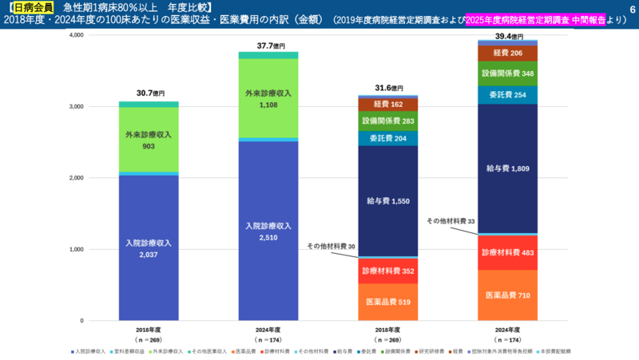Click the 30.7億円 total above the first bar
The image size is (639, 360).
pos(149,93)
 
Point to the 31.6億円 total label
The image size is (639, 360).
pos(389,88)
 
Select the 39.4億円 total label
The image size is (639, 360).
pos(509,36)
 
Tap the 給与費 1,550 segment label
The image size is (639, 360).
pos(388,201)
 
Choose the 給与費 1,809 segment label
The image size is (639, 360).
pos(507,168)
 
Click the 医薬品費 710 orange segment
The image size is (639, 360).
pos(507,295)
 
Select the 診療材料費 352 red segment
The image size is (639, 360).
pos(388,271)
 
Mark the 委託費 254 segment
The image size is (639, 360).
pos(507,95)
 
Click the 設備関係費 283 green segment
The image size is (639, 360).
pos(388,121)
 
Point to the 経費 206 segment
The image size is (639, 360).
pos(507,53)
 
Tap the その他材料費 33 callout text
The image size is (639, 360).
pos(450,221)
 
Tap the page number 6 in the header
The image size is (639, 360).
pos(631,7)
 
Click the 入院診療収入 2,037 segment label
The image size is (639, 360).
pos(149,248)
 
